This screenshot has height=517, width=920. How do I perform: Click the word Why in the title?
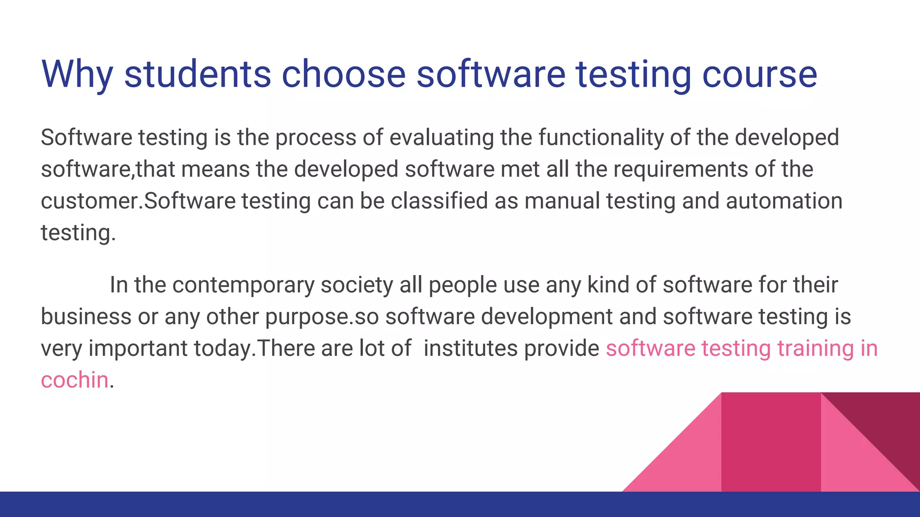click(77, 74)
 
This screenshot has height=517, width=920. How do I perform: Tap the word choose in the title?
click(344, 74)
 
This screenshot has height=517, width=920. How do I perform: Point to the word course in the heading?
click(760, 74)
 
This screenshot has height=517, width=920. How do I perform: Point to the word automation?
click(784, 201)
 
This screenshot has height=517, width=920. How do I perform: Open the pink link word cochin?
click(75, 380)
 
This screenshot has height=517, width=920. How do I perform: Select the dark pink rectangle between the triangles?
click(771, 442)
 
